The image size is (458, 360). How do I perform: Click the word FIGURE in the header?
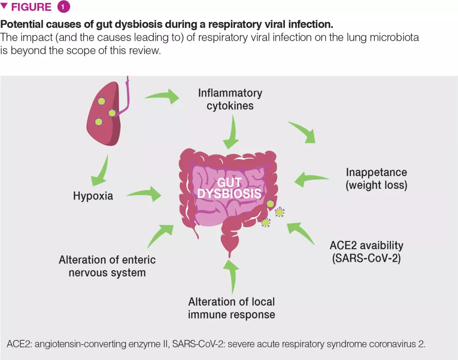tap(32, 7)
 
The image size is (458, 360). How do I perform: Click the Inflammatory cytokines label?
tap(230, 99)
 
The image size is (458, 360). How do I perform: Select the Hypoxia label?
tap(93, 196)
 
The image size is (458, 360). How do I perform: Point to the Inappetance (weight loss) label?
tap(376, 179)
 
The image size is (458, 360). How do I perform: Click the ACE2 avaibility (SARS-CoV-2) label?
tap(366, 252)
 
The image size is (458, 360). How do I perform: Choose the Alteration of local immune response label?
tap(232, 308)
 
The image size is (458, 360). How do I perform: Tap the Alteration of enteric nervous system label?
tap(107, 266)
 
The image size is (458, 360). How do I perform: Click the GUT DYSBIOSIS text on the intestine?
tap(229, 188)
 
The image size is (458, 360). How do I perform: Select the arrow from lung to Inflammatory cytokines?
tap(163, 95)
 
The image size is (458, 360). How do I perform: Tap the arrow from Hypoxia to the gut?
tap(145, 194)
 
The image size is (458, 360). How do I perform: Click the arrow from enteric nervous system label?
tap(160, 235)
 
